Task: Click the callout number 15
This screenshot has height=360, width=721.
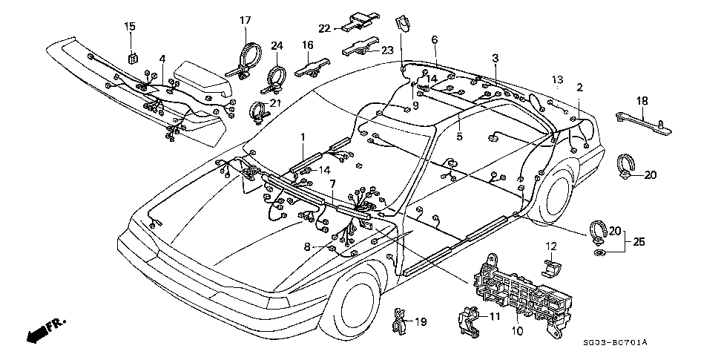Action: point(130,26)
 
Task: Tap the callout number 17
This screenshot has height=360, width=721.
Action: point(246,20)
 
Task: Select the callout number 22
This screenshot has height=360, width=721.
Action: point(325,28)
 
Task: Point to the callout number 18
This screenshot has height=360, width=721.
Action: point(642,101)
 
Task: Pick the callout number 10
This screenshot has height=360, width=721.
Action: point(518,330)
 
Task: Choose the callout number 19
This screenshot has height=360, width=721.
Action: point(421,321)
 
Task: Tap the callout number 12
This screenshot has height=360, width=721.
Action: point(551,245)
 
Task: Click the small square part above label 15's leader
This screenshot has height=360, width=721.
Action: point(132,59)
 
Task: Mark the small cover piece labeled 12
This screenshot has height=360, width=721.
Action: point(551,269)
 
